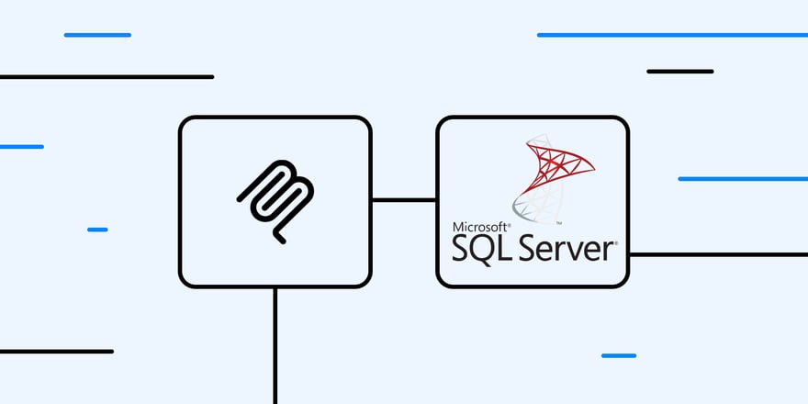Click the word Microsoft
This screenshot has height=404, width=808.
coord(479,227)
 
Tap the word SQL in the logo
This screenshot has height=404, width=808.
coord(481,248)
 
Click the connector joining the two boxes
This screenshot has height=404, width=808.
coord(403,199)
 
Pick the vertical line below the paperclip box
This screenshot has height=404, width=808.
coord(275,344)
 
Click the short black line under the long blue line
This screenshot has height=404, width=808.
coord(679,71)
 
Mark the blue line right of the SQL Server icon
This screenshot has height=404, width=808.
coord(742,178)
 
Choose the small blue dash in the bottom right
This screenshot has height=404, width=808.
coord(618,355)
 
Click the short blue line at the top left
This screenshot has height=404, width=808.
coord(97,35)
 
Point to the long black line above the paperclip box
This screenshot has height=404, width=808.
coord(107,77)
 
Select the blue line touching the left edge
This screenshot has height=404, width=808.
coord(21,147)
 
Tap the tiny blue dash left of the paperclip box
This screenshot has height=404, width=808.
coord(97,230)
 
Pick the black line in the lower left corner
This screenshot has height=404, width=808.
coord(56,351)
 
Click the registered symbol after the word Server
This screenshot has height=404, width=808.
coord(615,242)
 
